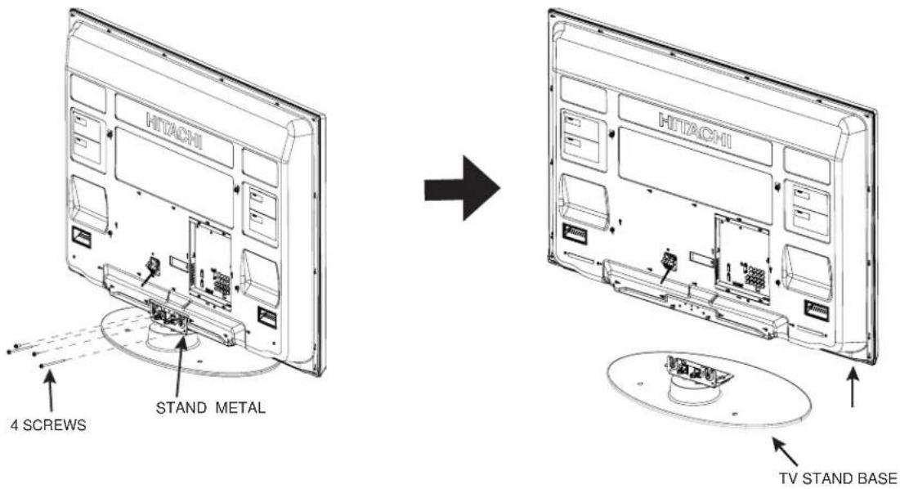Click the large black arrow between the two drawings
462,188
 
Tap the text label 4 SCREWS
48,425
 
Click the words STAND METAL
211,408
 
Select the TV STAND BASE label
837,478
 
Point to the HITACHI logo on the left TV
174,131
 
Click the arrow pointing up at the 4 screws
50,392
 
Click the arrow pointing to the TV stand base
784,451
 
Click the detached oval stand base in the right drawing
709,390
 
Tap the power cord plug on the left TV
153,265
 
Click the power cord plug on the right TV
669,261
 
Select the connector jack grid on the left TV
222,282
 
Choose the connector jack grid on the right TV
754,276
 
